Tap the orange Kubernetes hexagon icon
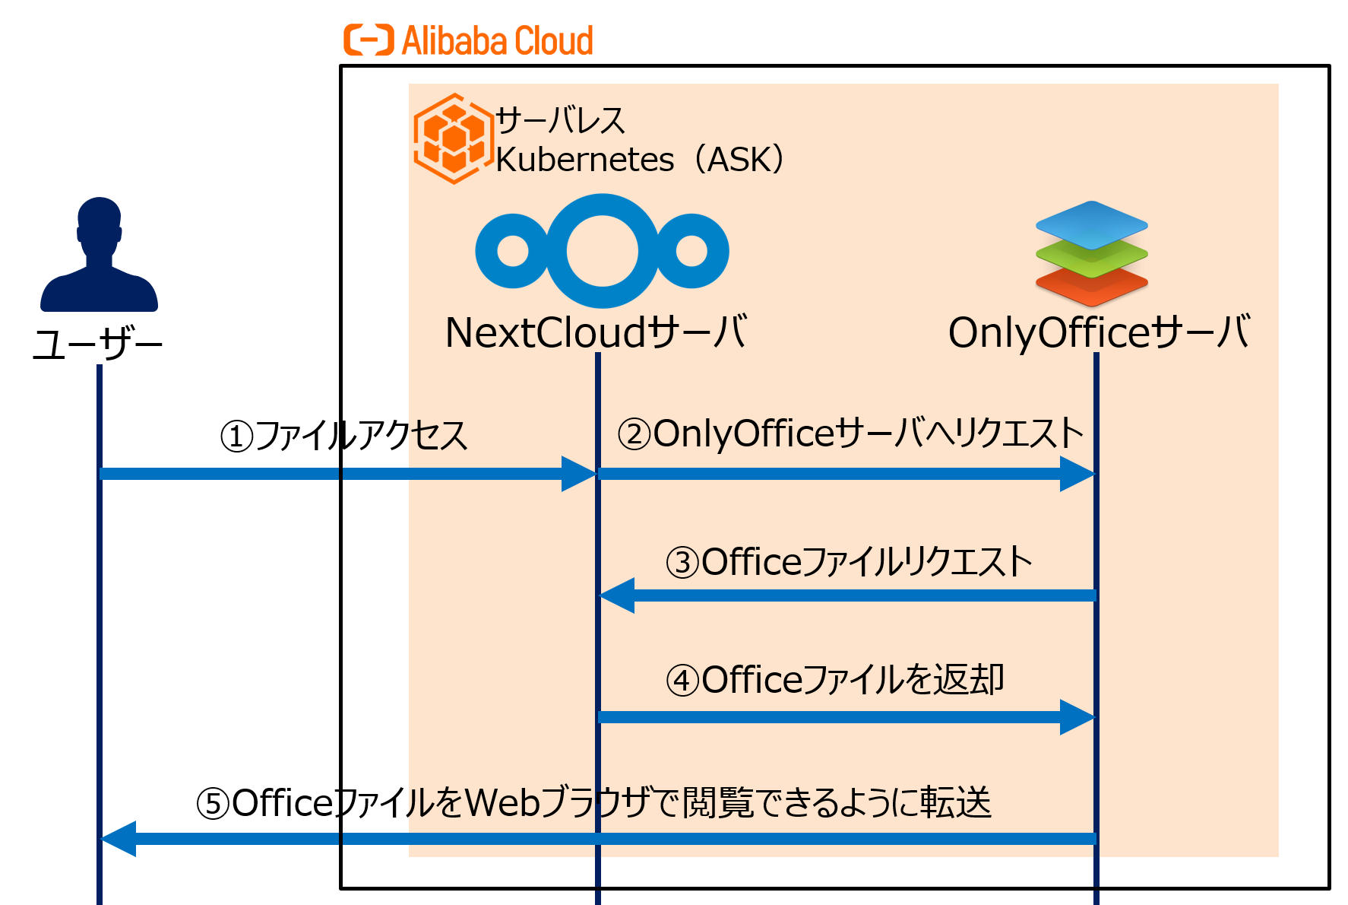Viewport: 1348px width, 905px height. (453, 138)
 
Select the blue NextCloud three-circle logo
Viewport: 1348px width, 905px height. (602, 251)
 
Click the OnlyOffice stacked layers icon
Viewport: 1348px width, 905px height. (1091, 253)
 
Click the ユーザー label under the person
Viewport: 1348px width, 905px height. (98, 346)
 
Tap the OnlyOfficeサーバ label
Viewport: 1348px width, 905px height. (1099, 333)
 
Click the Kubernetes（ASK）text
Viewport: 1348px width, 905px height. (640, 160)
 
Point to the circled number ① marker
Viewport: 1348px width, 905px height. (236, 437)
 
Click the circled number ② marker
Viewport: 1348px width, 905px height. (634, 435)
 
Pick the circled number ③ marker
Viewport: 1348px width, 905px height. (682, 563)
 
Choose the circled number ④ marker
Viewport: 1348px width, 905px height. (682, 681)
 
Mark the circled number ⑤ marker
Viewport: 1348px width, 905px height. (213, 804)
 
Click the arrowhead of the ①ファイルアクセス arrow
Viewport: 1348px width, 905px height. (579, 474)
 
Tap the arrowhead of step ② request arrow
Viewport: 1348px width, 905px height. (1077, 474)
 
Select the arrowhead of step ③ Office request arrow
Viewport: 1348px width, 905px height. (617, 595)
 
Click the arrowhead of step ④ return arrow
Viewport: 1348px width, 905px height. (1077, 716)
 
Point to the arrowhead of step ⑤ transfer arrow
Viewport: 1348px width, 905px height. (119, 839)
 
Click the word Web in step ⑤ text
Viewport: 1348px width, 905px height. (502, 803)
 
